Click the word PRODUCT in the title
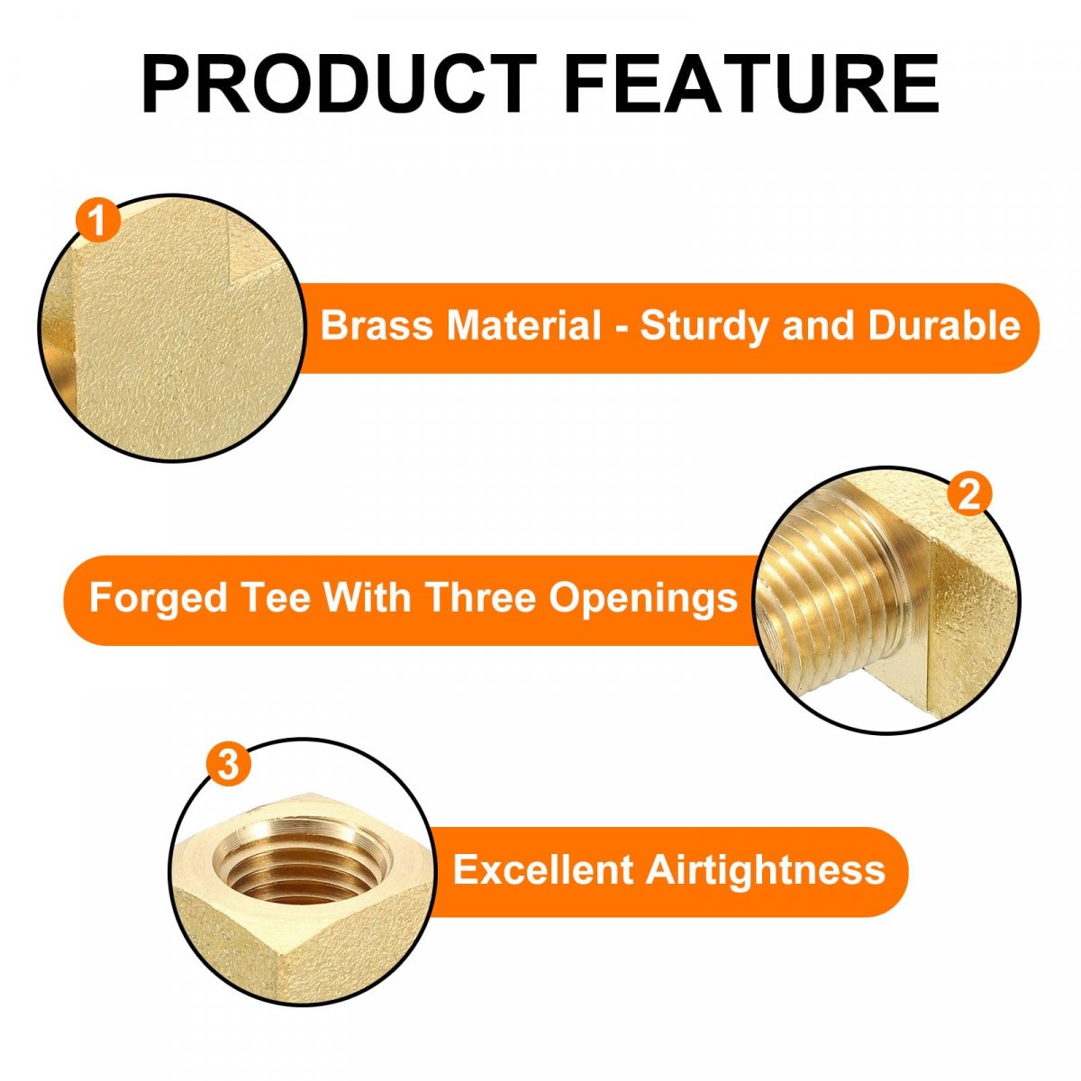(340, 84)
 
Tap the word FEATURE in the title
(751, 84)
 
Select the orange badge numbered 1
(98, 221)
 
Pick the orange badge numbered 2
(969, 495)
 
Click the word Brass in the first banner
(377, 325)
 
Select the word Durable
(944, 325)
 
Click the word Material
(523, 325)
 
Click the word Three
(480, 597)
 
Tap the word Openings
(643, 600)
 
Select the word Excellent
(543, 870)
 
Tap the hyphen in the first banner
(621, 328)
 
